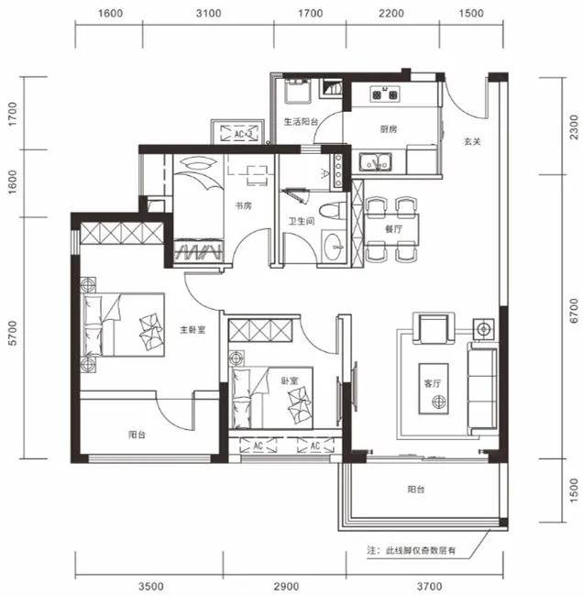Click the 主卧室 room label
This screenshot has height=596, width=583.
coord(192,329)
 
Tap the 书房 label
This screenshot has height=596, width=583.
coord(243,206)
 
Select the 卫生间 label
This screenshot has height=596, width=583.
coord(302,221)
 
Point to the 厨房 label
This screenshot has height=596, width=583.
coord(389,129)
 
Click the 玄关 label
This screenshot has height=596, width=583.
coord(472,141)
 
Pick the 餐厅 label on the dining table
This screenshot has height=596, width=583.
coord(393,229)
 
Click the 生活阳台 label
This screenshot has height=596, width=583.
coord(301,122)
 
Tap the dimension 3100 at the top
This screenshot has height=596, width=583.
coord(208,14)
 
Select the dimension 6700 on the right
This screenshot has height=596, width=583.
coord(574,311)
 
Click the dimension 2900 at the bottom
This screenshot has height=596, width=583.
coord(286,586)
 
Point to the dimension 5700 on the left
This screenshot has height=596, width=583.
coord(13,333)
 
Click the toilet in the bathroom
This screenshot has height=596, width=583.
coord(333,211)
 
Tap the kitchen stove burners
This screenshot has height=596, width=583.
coord(385,94)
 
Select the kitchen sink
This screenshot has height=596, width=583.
coord(375,162)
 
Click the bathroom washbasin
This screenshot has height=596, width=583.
coord(334,247)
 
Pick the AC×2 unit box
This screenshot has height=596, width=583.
coord(239,134)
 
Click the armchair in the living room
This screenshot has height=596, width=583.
coord(434,328)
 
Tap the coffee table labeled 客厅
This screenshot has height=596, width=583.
coord(434,389)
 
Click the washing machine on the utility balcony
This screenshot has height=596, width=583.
coord(298,91)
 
